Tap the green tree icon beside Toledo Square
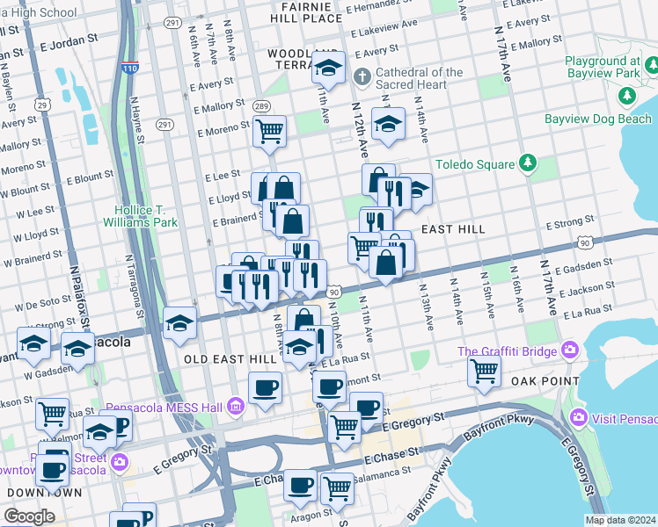[x=527, y=162]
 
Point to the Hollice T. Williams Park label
[x=146, y=216]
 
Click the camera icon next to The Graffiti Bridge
[x=569, y=352]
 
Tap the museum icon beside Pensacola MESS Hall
[x=234, y=407]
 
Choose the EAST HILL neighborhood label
[x=453, y=229]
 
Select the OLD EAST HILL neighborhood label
[x=225, y=359]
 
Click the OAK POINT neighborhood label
[x=546, y=381]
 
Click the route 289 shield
[x=260, y=106]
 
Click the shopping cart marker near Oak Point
[x=484, y=371]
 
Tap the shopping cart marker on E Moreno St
[x=269, y=131]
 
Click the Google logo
[x=29, y=516]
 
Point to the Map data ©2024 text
[x=621, y=520]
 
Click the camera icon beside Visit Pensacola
[x=578, y=416]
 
